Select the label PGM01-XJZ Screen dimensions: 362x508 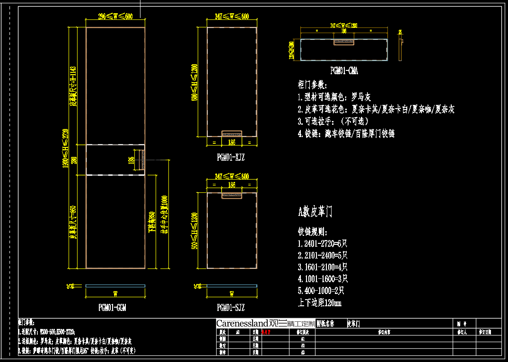(x=231, y=157)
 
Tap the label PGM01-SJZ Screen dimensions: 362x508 (x=231, y=308)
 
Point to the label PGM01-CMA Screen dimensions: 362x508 (x=344, y=71)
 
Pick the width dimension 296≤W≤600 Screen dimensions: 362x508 (x=115, y=17)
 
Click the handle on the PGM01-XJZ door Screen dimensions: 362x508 (x=232, y=133)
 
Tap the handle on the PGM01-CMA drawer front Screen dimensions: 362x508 (x=344, y=42)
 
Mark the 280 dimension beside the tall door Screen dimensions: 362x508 (x=74, y=160)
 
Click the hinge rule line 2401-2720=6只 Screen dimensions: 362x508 (x=323, y=244)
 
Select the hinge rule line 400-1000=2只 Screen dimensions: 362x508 (x=321, y=291)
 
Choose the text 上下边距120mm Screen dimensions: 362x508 (x=320, y=302)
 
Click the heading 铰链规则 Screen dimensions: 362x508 (x=313, y=232)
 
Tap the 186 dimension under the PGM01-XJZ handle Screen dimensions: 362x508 (x=232, y=141)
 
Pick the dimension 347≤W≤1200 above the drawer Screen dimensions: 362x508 (x=343, y=25)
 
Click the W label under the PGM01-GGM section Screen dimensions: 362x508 (x=115, y=293)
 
